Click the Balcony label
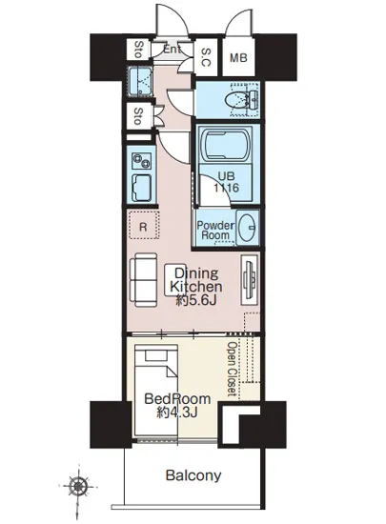click(193, 475)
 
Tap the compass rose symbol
click(78, 487)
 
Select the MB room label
click(238, 58)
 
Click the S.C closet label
click(206, 57)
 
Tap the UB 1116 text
click(226, 182)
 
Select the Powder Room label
click(215, 230)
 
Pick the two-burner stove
click(141, 161)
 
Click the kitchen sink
click(141, 188)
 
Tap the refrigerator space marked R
click(143, 227)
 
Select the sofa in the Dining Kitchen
click(146, 280)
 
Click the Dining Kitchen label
click(196, 287)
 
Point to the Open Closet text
click(233, 369)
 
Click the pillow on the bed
click(156, 355)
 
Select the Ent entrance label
click(173, 50)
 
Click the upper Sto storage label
click(138, 50)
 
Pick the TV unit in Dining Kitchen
click(250, 280)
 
